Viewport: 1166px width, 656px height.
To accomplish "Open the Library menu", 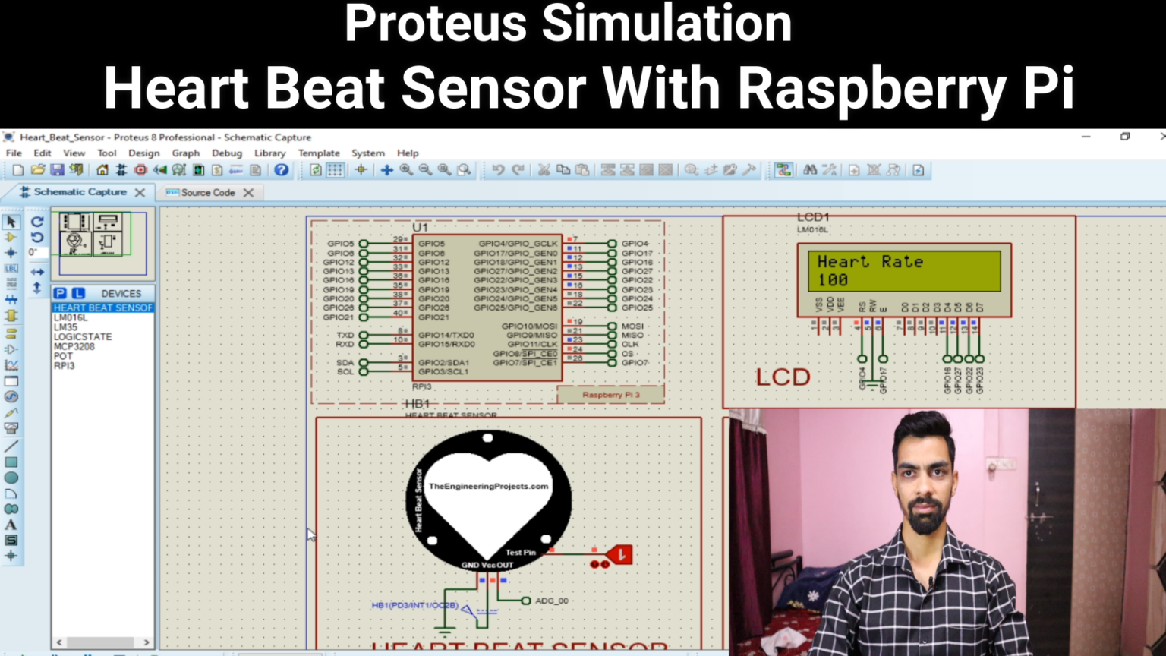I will (269, 153).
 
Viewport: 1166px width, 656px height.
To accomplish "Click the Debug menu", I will (226, 153).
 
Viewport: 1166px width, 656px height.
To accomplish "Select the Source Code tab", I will (207, 193).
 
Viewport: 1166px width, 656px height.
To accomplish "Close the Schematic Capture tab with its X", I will (140, 193).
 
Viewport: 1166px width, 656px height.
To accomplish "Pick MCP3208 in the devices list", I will (74, 346).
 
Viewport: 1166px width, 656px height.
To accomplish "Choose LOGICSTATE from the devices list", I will (83, 336).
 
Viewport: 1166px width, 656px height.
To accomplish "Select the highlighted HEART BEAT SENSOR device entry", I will (102, 307).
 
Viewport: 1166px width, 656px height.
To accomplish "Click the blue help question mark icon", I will (282, 170).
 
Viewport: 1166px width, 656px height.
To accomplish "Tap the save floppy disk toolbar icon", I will (57, 170).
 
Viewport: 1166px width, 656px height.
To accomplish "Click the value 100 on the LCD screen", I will (833, 280).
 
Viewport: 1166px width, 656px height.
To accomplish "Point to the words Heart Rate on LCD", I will (870, 262).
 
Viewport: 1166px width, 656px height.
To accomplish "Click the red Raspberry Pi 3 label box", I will (610, 395).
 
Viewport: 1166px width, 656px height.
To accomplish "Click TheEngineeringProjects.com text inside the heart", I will (488, 487).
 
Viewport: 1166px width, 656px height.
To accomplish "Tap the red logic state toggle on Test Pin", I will (620, 555).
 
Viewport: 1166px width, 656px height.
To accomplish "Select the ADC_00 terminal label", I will (551, 601).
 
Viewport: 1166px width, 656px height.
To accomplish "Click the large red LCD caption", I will (783, 377).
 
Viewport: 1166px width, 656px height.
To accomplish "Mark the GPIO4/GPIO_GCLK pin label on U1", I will (518, 244).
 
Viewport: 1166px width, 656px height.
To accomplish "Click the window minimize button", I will (1086, 137).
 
